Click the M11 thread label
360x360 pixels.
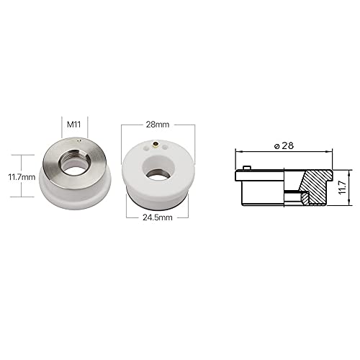74,125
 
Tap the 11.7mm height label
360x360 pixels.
22,175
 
